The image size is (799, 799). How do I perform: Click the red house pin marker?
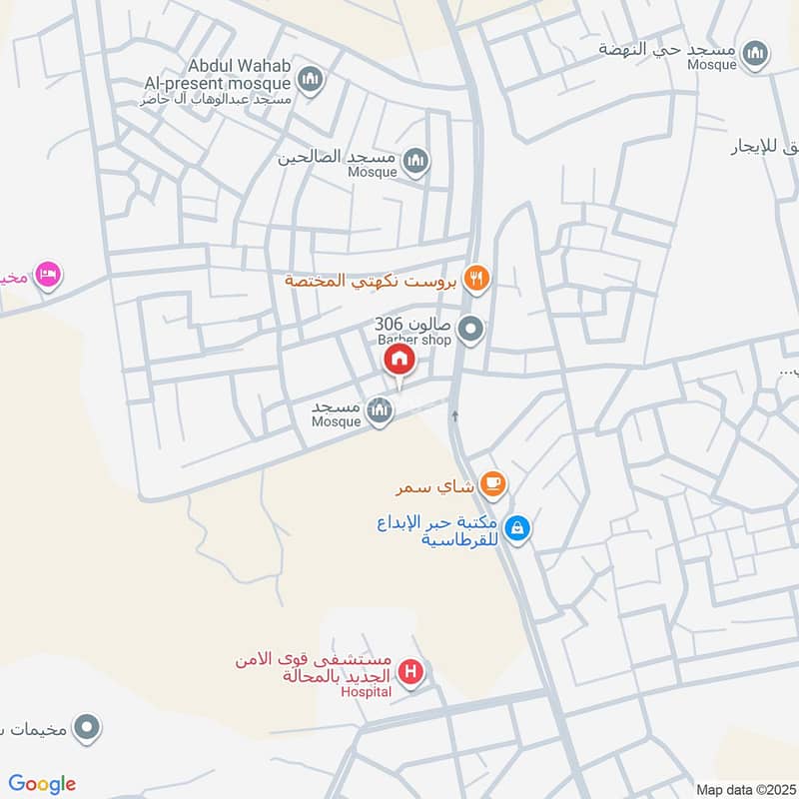pos(399,361)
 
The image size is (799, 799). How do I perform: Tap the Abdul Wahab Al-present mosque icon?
pos(312,78)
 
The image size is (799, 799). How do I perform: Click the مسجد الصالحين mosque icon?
pos(416,160)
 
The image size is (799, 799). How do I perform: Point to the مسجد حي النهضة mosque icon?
pos(756,53)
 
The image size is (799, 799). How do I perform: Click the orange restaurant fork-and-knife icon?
pos(476,280)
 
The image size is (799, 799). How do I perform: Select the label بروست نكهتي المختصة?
pos(372,281)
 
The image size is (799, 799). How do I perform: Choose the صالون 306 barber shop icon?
pos(470,328)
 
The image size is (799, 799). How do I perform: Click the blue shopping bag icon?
pos(517,528)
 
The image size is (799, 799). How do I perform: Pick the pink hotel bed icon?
pos(47,273)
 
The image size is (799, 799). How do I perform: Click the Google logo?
pos(42,784)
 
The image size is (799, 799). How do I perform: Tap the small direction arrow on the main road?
pos(455,414)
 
